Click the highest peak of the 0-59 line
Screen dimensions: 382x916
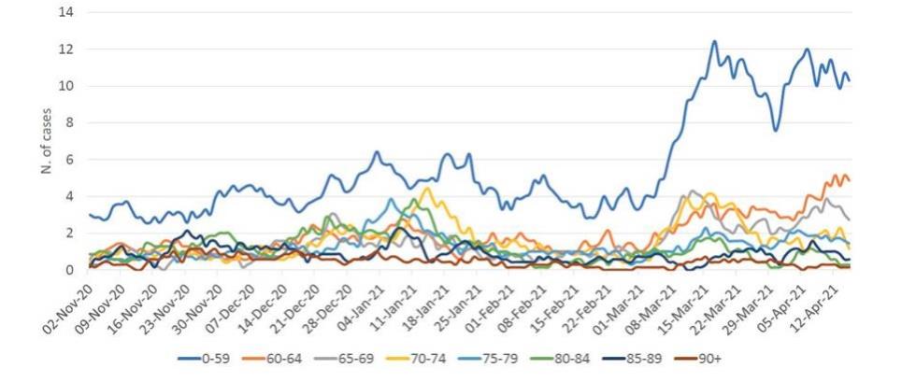pyautogui.click(x=714, y=41)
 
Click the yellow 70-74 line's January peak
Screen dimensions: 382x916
pyautogui.click(x=426, y=189)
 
